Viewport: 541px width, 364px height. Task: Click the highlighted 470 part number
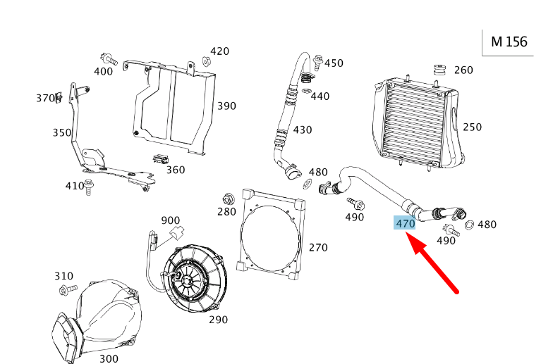[x=405, y=223]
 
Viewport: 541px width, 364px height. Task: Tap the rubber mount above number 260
[x=439, y=70]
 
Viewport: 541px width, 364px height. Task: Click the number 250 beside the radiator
[x=472, y=127]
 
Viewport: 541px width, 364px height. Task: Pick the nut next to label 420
[x=207, y=61]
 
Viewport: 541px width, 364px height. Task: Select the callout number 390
[x=226, y=106]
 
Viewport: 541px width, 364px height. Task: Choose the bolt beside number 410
[x=90, y=186]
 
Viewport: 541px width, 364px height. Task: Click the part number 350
[x=61, y=132]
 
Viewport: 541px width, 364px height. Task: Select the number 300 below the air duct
[x=109, y=359]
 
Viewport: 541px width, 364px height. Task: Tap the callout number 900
[x=171, y=220]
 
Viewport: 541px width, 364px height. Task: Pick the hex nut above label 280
[x=227, y=198]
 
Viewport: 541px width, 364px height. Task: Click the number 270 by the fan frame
[x=318, y=248]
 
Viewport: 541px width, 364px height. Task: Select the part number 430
[x=302, y=130]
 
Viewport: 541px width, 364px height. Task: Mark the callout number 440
[x=320, y=96]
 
